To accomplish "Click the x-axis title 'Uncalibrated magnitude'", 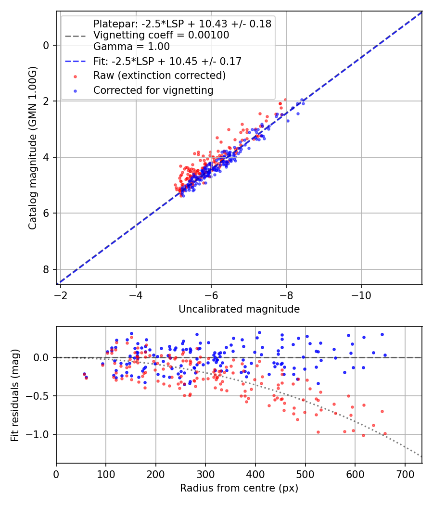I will pos(239,309).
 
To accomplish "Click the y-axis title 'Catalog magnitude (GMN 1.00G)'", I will pos(32,148).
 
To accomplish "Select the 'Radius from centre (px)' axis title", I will pos(239,488).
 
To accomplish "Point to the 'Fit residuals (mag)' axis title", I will pos(15,395).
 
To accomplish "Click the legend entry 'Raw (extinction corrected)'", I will pos(159,76).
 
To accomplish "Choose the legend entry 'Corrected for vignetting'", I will pos(153,90).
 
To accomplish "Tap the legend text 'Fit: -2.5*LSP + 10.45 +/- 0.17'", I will pos(167,61).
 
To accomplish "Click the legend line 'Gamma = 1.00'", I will pos(131,47).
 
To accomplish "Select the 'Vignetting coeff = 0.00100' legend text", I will pos(161,35).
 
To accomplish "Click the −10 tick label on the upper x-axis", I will pos(361,294).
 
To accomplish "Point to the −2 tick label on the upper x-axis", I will pos(61,294).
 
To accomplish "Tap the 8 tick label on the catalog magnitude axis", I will pos(47,269).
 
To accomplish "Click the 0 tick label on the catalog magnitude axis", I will pos(47,45).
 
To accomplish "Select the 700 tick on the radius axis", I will pos(405,473).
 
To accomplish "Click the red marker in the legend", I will pos(75,76).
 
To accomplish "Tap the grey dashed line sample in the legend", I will pos(75,36).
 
